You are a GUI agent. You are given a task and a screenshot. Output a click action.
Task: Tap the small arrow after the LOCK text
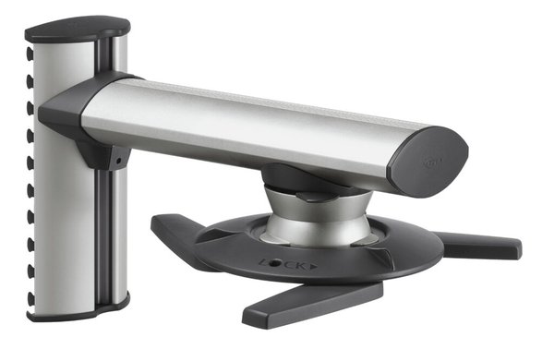[312, 266]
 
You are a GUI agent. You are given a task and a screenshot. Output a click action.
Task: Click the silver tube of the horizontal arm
[249, 125]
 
